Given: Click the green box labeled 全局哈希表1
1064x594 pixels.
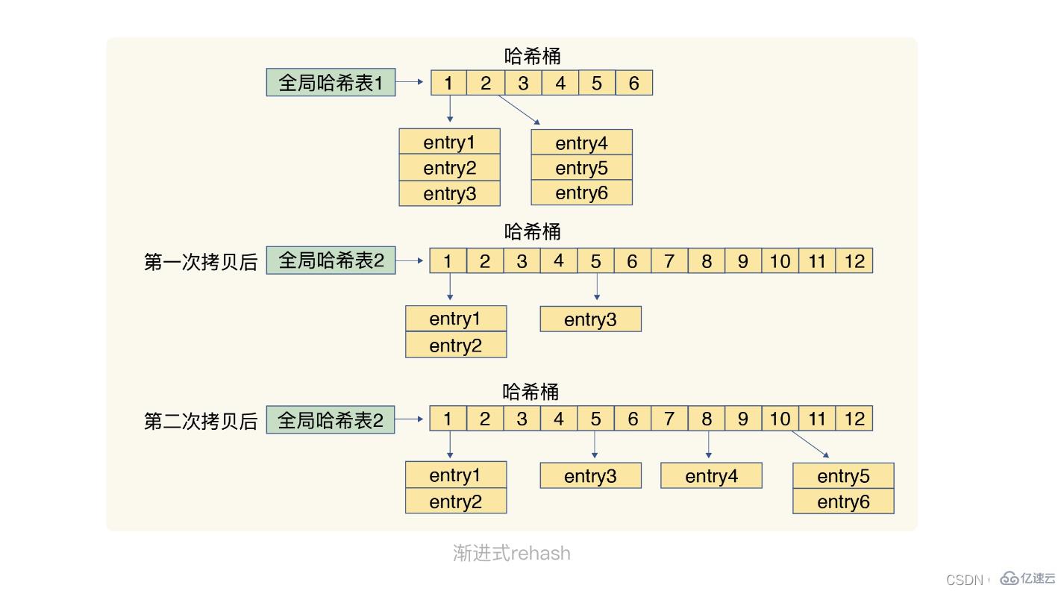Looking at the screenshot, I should pos(331,82).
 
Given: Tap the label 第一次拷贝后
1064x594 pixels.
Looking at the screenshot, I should pos(200,262).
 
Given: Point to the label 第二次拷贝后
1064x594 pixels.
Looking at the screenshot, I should pos(200,421).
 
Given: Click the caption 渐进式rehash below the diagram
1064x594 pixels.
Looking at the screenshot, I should pos(511,553).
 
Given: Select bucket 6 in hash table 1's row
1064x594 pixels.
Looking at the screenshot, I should pos(633,83).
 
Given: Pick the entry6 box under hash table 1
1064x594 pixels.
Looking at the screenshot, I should pos(581,193).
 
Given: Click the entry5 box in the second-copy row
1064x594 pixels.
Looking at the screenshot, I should pos(843,476).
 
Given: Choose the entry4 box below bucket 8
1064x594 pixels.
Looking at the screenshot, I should pos(711,476).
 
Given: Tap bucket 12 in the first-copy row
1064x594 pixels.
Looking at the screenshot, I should pos(854,261).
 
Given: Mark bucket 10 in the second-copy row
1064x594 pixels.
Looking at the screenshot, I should pos(780,419).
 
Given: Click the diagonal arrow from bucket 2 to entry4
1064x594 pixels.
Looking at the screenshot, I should pos(519,110).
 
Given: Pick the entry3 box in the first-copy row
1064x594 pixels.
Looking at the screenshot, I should pos(590,319).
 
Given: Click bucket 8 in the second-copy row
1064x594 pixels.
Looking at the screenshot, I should pos(706,419).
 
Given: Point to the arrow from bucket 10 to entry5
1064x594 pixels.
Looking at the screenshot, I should pos(810,444).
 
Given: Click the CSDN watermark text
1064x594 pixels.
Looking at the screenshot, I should pos(964,580).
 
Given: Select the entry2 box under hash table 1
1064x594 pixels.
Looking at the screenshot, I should pos(449,168).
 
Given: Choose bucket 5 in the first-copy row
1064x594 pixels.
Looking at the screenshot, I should pos(595,261).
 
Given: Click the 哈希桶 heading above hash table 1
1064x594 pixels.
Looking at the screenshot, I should pos(532,56).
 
